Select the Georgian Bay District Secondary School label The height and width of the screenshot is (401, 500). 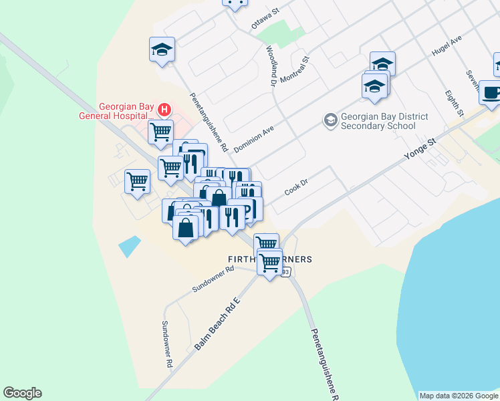click(383, 121)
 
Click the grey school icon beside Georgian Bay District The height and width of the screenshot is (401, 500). click(330, 120)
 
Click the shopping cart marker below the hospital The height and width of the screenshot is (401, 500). click(160, 132)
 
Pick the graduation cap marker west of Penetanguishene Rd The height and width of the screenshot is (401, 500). click(162, 50)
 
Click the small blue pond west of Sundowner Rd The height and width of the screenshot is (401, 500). click(130, 246)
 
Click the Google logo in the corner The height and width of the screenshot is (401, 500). click(22, 393)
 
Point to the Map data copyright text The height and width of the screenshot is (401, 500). click(458, 396)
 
